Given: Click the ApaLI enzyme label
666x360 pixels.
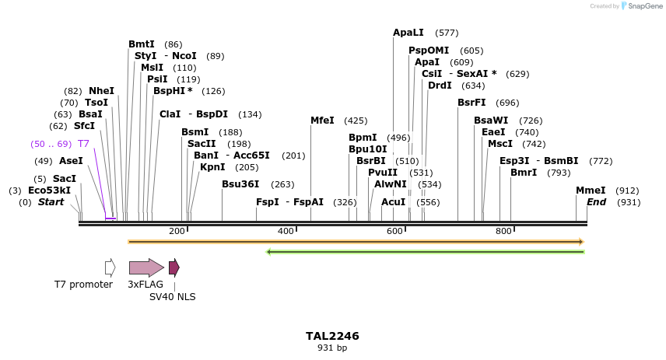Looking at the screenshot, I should (x=408, y=33).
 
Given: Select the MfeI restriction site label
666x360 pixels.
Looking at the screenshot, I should (x=322, y=121).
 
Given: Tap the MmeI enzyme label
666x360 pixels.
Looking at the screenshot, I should (x=591, y=190).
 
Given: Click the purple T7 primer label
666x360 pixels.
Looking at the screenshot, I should (x=83, y=144).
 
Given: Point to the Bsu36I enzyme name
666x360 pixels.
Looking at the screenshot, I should (x=240, y=184).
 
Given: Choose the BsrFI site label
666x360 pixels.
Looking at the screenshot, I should (x=471, y=103).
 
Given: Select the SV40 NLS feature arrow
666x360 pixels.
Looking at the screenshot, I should (x=174, y=268).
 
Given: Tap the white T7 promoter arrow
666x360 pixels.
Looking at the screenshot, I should (x=110, y=267).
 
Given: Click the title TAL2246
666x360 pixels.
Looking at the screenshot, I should (x=332, y=336).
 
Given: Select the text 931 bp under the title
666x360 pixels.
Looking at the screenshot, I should (x=332, y=348).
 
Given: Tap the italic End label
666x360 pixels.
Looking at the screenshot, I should (x=596, y=202).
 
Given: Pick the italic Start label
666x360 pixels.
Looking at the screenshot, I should (x=51, y=202).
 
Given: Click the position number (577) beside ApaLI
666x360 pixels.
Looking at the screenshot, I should (x=447, y=33).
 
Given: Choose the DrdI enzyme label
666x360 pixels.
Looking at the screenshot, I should (x=440, y=86).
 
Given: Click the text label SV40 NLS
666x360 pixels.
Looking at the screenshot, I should (x=173, y=297).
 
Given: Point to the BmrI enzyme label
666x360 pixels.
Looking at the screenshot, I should (x=524, y=173).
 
